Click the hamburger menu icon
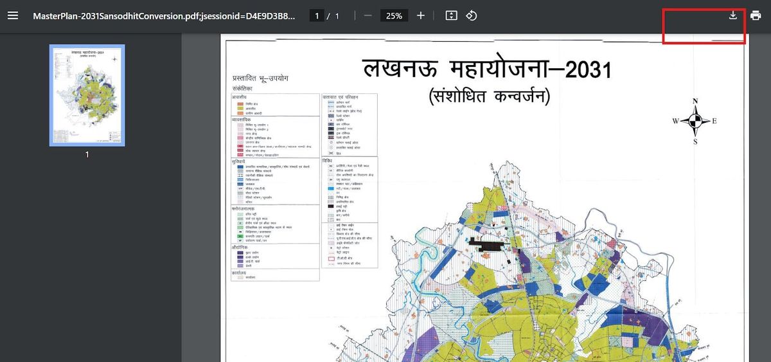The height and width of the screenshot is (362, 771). click(13, 15)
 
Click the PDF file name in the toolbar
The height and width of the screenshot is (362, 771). click(164, 15)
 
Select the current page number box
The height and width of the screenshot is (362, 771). click(317, 15)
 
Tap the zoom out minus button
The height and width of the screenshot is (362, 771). click(368, 15)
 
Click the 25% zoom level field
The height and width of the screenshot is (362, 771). click(394, 15)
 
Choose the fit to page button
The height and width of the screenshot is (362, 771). click(451, 15)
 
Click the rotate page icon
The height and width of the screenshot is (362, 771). click(471, 15)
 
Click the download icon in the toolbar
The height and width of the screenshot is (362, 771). click(733, 15)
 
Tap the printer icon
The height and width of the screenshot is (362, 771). click(756, 15)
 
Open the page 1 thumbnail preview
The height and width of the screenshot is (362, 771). click(87, 95)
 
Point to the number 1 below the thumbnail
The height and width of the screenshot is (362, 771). click(87, 155)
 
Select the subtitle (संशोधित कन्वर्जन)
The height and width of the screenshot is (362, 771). click(489, 97)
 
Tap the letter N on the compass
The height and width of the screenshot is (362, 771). click(695, 101)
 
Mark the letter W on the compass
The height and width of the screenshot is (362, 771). click(676, 121)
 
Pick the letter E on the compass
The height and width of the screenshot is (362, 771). click(714, 121)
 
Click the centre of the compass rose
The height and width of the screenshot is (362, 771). click(695, 121)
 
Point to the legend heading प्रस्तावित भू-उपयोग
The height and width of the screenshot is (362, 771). click(260, 78)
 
